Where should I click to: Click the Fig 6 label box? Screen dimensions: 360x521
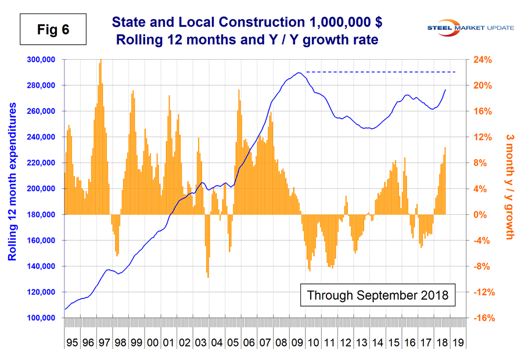click(x=53, y=29)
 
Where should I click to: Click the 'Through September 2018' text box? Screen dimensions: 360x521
click(x=378, y=295)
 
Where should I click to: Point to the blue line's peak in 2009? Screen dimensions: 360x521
click(x=298, y=73)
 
